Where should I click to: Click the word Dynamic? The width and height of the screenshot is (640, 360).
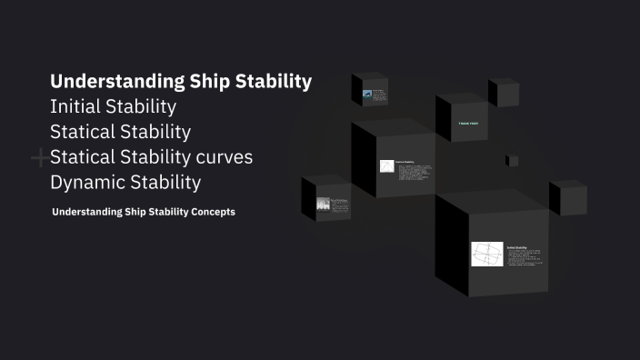[88, 182]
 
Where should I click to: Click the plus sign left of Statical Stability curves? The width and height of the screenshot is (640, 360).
[40, 159]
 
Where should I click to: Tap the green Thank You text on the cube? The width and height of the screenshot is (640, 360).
[468, 123]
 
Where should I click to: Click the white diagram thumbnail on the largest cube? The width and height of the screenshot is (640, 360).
[486, 254]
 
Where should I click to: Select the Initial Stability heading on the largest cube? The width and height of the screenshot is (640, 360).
[517, 246]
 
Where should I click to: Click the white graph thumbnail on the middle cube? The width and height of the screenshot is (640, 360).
[386, 166]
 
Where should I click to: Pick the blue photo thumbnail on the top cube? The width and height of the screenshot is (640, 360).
[367, 94]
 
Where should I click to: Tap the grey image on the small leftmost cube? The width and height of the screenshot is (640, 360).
[323, 205]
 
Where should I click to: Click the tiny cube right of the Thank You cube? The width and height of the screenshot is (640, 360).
[513, 161]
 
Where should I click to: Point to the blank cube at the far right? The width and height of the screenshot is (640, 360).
[568, 198]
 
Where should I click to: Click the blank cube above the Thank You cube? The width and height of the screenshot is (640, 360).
[504, 94]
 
